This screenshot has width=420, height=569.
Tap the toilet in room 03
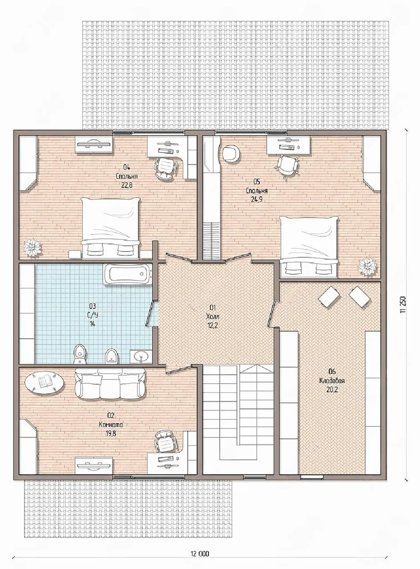click(x=80, y=354)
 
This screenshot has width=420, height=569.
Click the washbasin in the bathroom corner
click(x=141, y=357)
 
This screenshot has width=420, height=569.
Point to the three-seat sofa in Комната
click(x=110, y=384)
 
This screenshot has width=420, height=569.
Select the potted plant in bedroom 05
click(x=368, y=267)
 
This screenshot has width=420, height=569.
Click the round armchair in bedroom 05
click(x=232, y=154)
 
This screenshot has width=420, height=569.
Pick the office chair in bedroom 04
click(x=166, y=168)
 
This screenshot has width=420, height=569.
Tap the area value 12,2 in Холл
click(x=213, y=325)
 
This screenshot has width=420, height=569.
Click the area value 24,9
click(x=256, y=199)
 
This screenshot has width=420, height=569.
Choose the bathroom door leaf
click(x=149, y=313)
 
